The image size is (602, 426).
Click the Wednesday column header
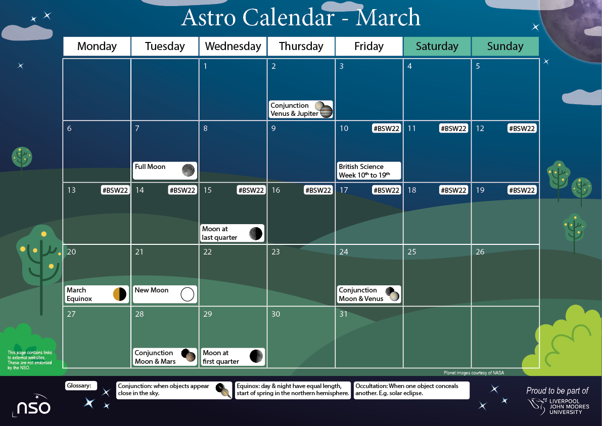click(233, 47)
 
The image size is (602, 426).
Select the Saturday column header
click(437, 47)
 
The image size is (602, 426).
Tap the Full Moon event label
click(150, 167)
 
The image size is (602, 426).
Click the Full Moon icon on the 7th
click(188, 171)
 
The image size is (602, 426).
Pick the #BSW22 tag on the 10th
click(387, 129)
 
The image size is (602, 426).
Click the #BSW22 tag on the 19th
click(522, 190)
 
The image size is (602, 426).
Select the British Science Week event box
click(369, 171)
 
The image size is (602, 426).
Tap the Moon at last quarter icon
click(256, 233)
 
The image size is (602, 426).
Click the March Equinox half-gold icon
click(120, 294)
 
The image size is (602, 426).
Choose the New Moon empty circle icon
click(188, 294)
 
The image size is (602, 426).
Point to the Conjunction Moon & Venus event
click(369, 294)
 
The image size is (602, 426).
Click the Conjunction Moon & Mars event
click(165, 357)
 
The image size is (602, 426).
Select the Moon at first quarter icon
click(256, 356)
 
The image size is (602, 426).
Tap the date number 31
click(344, 314)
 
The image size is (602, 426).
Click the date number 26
click(480, 252)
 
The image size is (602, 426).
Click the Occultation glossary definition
click(411, 390)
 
